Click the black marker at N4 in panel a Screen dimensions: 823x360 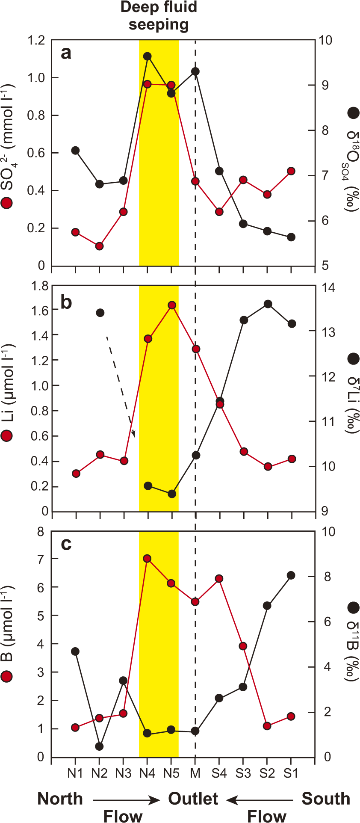click(x=148, y=56)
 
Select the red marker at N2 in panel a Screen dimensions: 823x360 click(x=99, y=246)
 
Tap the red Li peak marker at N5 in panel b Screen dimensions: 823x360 click(x=172, y=305)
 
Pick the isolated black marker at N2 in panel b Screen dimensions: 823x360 click(x=100, y=313)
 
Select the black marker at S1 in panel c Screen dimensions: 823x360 click(x=291, y=575)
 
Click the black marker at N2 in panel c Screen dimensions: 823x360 click(x=99, y=746)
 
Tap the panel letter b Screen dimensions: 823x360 click(x=66, y=302)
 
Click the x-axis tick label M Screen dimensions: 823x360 click(x=195, y=773)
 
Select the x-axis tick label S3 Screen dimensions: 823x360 click(x=243, y=773)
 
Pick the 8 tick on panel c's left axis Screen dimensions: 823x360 click(x=41, y=532)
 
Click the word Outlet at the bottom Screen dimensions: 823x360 click(x=193, y=799)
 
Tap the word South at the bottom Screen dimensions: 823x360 click(x=326, y=799)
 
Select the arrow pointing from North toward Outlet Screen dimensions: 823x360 click(x=126, y=799)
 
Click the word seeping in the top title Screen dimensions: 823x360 click(x=159, y=24)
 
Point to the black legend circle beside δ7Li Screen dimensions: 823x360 click(x=353, y=359)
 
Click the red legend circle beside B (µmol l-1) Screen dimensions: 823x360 click(x=7, y=676)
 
